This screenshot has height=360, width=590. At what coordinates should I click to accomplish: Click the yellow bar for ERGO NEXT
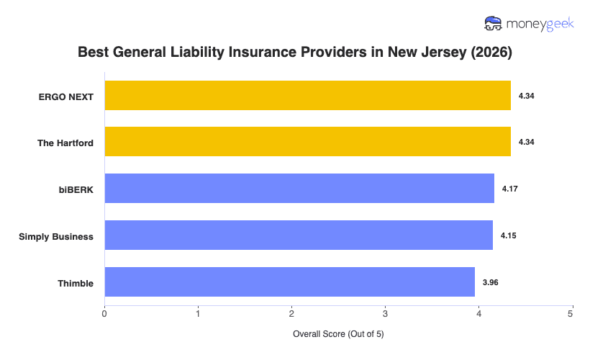307,96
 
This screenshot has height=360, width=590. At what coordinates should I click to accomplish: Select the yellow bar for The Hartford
307,142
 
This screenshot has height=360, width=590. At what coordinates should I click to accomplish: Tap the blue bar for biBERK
299,189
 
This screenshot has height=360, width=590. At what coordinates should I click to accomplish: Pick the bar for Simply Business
299,235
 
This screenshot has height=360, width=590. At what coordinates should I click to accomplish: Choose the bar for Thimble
289,282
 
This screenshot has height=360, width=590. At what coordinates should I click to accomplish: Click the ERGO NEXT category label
66,96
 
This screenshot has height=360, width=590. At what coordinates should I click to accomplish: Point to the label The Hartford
65,143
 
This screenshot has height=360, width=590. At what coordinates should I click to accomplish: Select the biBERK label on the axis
76,189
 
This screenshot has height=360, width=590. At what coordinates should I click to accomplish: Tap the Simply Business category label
56,236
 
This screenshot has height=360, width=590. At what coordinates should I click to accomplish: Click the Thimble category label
76,283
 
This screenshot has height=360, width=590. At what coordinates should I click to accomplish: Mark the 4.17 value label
509,189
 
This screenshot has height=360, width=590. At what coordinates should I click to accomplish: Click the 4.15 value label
508,236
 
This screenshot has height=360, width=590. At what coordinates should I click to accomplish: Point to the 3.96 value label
490,283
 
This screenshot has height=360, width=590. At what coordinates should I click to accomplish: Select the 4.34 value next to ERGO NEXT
526,96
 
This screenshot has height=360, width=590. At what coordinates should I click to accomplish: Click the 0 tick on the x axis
105,313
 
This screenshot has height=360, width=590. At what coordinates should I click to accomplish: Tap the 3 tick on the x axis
385,313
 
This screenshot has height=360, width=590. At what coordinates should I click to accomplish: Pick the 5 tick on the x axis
571,313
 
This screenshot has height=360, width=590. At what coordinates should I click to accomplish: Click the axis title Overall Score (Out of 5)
338,335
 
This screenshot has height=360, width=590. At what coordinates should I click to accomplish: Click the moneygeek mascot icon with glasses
494,24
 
